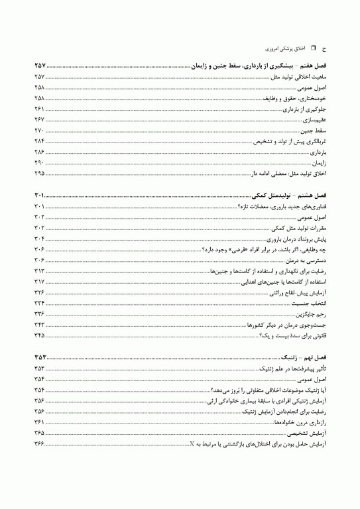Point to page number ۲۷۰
point(39,130)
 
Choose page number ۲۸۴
point(39,141)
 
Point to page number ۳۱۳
point(39,270)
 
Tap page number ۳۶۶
point(39,443)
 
